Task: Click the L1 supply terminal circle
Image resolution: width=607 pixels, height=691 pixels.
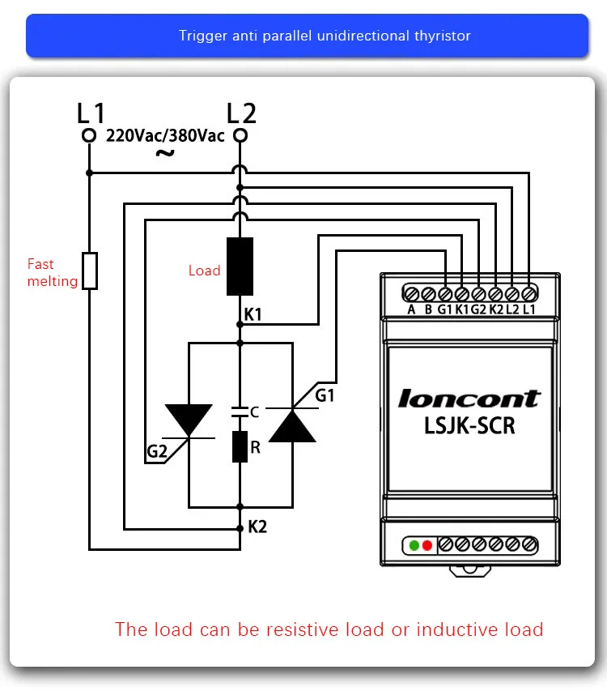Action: point(89,135)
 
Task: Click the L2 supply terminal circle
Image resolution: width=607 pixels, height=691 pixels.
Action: point(240,135)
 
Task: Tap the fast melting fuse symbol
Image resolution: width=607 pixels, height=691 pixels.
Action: point(90,271)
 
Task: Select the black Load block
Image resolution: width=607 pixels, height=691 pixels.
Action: point(240,267)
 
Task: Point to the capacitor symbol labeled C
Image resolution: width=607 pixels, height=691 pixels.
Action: point(240,412)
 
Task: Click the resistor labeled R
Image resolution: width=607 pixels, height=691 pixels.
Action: point(240,446)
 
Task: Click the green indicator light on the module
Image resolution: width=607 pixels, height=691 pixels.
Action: point(414,545)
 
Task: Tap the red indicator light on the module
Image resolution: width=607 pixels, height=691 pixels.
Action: point(427,545)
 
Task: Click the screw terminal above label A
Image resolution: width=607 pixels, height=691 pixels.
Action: point(412,293)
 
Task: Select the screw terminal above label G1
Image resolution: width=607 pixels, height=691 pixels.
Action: point(445,293)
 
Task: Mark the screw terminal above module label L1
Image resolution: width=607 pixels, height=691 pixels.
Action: point(529,293)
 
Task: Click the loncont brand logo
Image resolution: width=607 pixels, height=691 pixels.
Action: point(469,399)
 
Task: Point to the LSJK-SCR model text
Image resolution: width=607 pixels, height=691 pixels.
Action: point(469,426)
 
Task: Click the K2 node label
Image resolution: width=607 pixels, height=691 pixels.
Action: point(257,527)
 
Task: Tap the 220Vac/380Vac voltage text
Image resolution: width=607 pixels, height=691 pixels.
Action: point(165,136)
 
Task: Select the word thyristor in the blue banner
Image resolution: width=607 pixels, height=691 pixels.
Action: point(443,36)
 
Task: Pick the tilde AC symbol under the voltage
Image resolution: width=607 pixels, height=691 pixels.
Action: point(165,153)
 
